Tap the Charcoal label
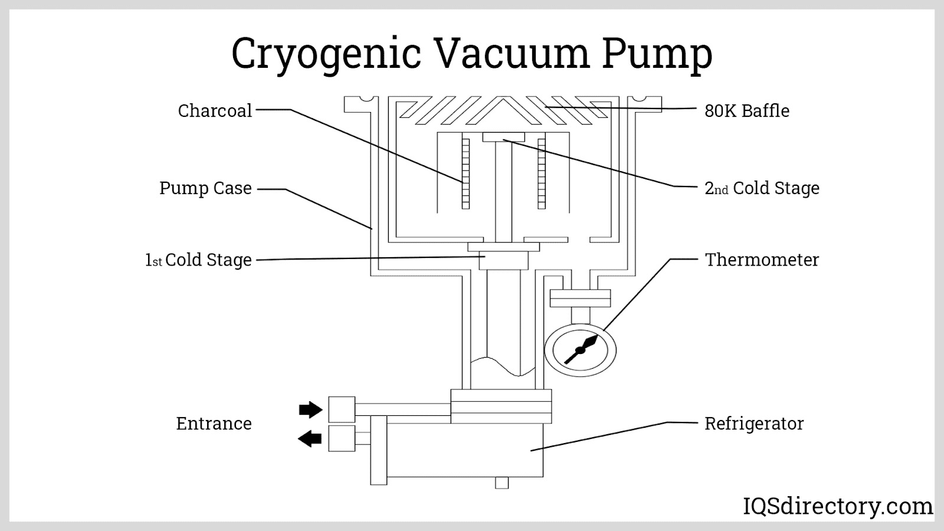pyautogui.click(x=215, y=111)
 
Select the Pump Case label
pyautogui.click(x=205, y=188)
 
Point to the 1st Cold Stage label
pyautogui.click(x=199, y=260)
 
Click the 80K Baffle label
pyautogui.click(x=747, y=111)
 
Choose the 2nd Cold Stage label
pyautogui.click(x=762, y=188)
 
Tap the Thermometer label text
pyautogui.click(x=762, y=260)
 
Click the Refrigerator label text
pyautogui.click(x=754, y=424)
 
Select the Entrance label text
pyautogui.click(x=214, y=424)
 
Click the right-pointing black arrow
pyautogui.click(x=310, y=409)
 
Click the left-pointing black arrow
pyautogui.click(x=310, y=438)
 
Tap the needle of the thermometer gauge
pyautogui.click(x=581, y=350)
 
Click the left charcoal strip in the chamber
pyautogui.click(x=466, y=173)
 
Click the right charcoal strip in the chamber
pyautogui.click(x=542, y=173)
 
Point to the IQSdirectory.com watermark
pyautogui.click(x=837, y=506)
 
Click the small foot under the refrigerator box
pyautogui.click(x=501, y=483)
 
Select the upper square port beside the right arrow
pyautogui.click(x=342, y=409)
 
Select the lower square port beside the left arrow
pyautogui.click(x=342, y=438)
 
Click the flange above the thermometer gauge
pyautogui.click(x=580, y=298)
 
